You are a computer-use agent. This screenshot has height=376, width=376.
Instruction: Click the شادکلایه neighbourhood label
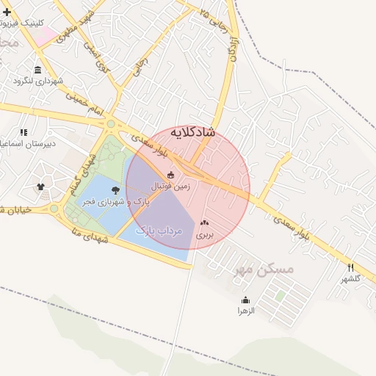click(x=192, y=132)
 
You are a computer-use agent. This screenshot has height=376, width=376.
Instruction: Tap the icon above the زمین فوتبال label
click(x=171, y=175)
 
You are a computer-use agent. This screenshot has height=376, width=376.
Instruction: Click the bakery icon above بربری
click(x=203, y=222)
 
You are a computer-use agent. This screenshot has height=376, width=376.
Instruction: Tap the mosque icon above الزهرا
click(x=245, y=300)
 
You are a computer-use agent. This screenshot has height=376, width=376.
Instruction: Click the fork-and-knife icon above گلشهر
click(x=350, y=267)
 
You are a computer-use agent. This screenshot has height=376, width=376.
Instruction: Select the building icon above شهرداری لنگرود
click(x=37, y=69)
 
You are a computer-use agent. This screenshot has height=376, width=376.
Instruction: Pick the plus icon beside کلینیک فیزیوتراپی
click(x=7, y=12)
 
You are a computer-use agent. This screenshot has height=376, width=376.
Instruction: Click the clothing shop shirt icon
click(x=40, y=187)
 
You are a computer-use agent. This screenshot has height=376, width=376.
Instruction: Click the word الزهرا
click(x=245, y=311)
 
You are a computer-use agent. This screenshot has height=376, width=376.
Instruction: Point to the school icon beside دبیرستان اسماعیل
click(x=23, y=133)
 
